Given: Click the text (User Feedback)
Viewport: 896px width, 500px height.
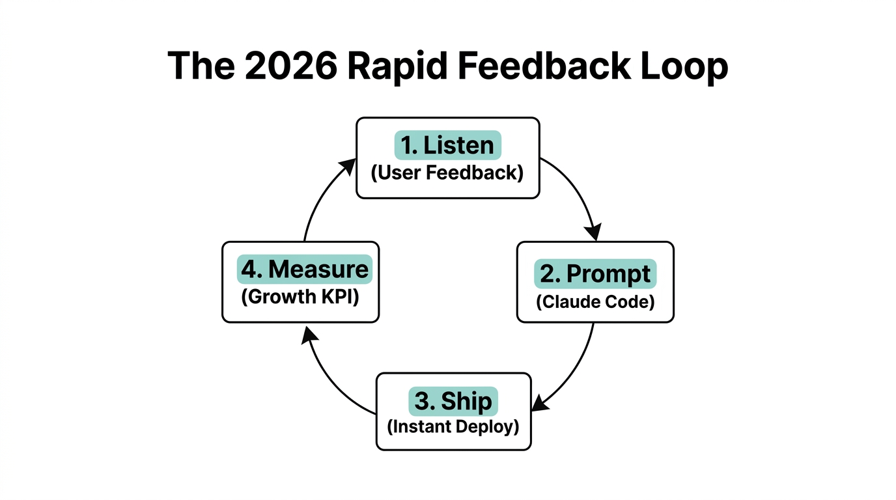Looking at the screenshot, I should [447, 173].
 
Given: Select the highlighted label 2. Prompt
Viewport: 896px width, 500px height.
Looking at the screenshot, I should [595, 274].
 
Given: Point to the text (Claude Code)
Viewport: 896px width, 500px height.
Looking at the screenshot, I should [595, 301].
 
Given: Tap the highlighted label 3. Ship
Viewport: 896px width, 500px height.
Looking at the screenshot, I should [453, 401].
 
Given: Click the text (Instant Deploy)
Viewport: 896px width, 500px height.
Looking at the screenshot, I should [453, 428].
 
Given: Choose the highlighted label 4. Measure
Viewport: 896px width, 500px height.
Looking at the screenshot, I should [304, 269].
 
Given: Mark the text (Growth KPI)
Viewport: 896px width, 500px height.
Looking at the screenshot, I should [300, 297].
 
